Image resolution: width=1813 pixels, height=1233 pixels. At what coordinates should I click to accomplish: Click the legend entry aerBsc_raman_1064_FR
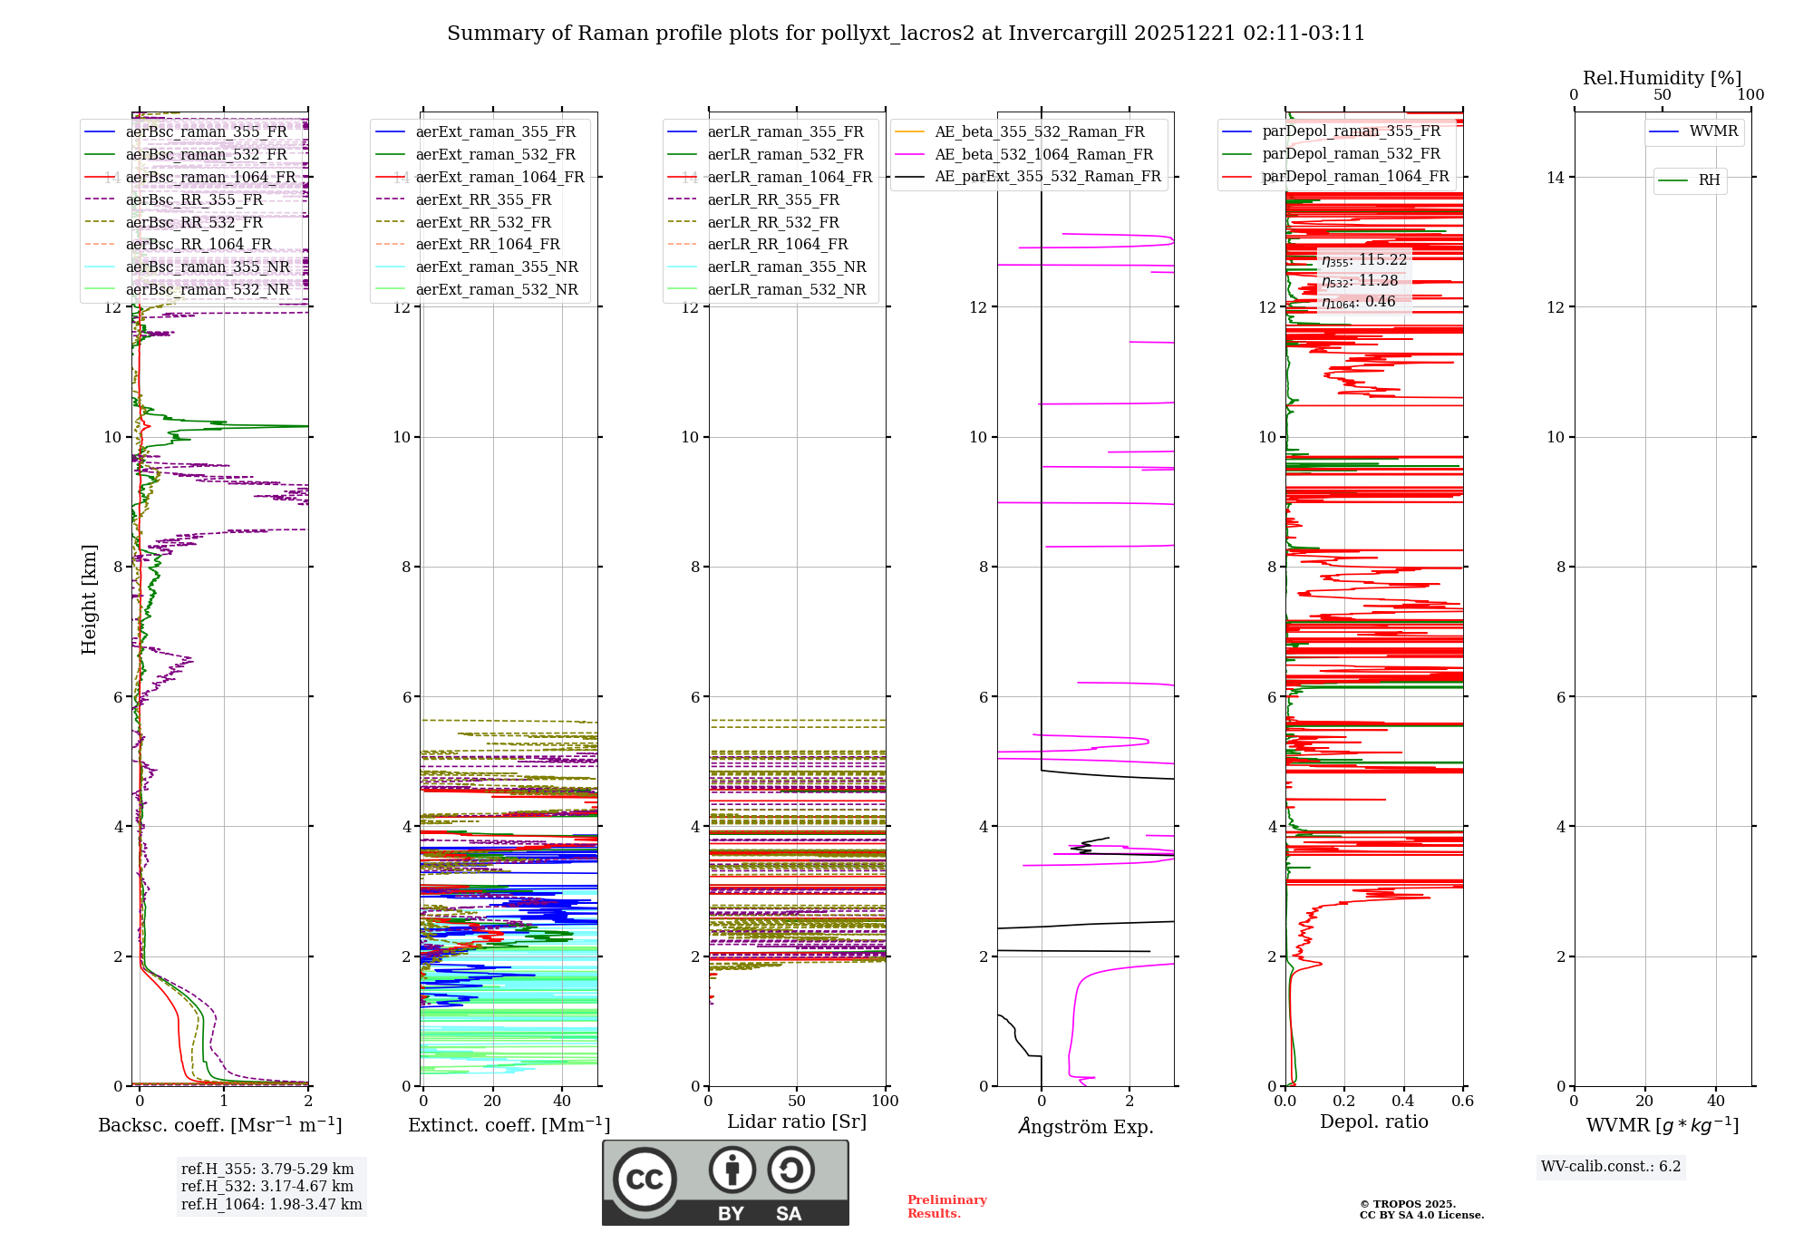210,177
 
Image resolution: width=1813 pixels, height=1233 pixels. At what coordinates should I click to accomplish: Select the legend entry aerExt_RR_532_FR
483,222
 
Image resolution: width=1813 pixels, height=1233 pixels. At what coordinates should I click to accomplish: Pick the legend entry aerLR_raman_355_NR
786,267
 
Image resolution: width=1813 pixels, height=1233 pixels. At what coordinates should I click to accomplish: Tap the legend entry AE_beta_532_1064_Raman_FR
1043,154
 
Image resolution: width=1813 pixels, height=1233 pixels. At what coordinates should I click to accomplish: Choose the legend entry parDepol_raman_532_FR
1351,154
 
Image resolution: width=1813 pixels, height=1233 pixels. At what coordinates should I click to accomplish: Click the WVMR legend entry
1713,131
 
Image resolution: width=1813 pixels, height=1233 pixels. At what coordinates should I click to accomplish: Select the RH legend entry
1709,180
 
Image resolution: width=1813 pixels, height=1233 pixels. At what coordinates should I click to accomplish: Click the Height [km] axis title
89,599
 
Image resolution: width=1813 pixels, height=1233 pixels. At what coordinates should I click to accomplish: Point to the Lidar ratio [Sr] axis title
796,1121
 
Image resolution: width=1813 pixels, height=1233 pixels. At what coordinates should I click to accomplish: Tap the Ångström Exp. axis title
1085,1126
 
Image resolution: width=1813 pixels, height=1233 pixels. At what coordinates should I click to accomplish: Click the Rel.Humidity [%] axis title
1662,78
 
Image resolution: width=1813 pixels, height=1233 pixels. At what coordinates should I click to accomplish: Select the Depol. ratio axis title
1373,1121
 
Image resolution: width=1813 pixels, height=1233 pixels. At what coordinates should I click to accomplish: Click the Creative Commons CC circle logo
645,1180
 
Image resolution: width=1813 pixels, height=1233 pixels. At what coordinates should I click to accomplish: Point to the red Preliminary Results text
946,1207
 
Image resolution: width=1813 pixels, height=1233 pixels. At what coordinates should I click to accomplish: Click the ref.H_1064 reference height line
271,1205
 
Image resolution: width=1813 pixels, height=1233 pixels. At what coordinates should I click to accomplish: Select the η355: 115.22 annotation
1363,260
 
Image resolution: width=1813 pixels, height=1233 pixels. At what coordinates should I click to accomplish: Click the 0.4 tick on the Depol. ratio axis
1403,1102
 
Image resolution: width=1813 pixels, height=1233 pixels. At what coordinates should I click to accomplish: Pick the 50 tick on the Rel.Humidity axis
1662,95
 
